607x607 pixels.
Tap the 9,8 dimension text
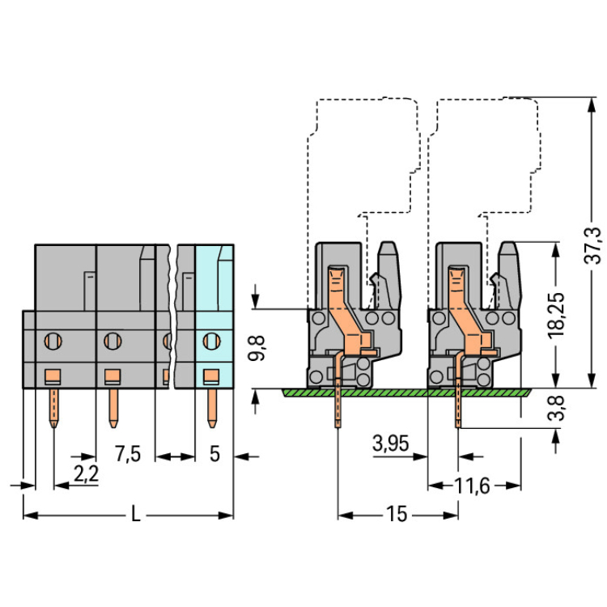258,349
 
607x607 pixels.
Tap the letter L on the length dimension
136,515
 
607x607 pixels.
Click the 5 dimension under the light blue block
214,454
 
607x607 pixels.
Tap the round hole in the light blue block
212,341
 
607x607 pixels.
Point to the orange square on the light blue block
211,376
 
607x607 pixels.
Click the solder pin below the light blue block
212,409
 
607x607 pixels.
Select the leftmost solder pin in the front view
53,409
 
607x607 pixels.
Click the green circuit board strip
405,392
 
